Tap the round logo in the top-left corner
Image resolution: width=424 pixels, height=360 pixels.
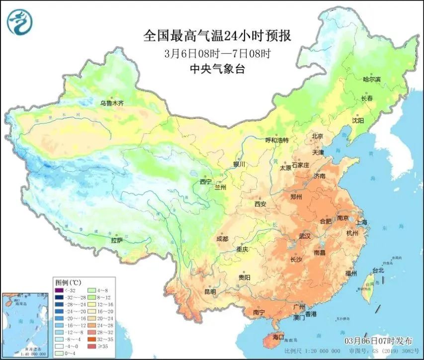click(19, 22)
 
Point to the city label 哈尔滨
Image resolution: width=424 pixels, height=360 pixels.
click(371, 79)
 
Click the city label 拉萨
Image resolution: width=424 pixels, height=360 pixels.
click(117, 240)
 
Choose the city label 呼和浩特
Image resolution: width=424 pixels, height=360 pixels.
click(277, 141)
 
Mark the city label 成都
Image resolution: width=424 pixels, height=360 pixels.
click(222, 239)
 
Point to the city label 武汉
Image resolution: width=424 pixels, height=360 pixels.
click(305, 236)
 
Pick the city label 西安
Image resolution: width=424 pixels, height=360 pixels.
click(260, 204)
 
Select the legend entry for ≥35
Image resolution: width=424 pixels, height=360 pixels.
click(103, 347)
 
